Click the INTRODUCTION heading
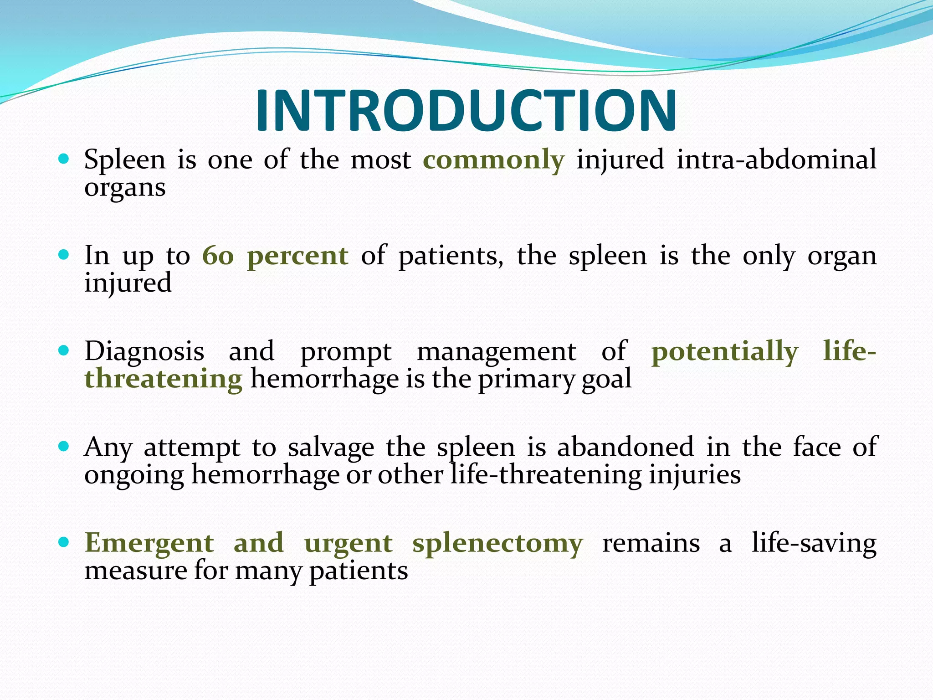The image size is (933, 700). click(466, 111)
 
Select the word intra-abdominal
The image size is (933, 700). click(776, 160)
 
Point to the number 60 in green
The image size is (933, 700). click(218, 256)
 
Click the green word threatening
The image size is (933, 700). click(164, 380)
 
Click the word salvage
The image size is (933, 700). click(331, 448)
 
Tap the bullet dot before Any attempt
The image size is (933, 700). click(64, 446)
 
